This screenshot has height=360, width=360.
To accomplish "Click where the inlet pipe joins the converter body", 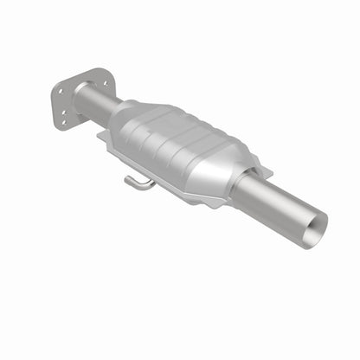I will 112,112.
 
